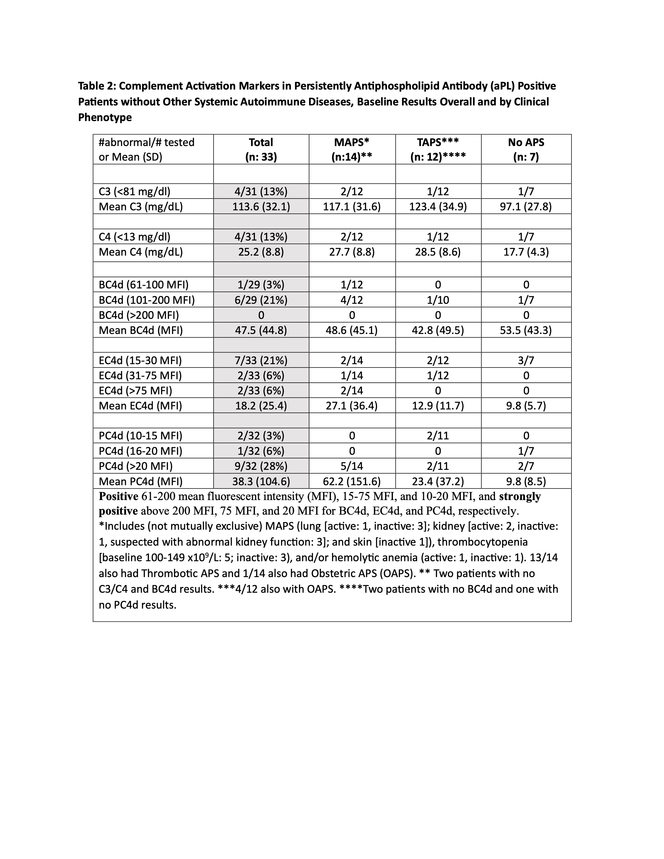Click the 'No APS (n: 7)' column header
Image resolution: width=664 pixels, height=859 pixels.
click(526, 149)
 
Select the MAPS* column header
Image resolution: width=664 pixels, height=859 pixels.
click(352, 149)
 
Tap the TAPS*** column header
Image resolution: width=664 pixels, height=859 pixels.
click(438, 149)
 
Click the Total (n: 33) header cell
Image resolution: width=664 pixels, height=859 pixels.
click(261, 149)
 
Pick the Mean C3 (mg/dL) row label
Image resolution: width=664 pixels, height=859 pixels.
click(141, 206)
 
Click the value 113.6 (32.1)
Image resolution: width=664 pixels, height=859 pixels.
click(261, 206)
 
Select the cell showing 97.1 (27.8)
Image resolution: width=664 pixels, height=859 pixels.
click(526, 206)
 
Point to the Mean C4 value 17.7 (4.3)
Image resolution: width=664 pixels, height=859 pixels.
click(526, 252)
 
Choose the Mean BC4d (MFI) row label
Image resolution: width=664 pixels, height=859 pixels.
click(141, 330)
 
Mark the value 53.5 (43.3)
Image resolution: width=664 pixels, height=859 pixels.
click(526, 330)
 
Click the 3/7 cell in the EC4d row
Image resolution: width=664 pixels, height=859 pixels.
click(526, 360)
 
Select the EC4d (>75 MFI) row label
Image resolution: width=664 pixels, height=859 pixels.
click(136, 390)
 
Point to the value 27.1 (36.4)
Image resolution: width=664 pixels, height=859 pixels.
click(352, 406)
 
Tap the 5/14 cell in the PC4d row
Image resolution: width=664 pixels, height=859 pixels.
click(352, 466)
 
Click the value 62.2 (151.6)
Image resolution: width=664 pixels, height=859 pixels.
click(352, 481)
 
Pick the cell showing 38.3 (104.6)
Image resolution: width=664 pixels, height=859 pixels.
click(261, 481)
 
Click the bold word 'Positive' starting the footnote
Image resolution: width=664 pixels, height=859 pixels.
click(118, 496)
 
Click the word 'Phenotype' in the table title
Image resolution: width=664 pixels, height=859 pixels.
click(105, 117)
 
